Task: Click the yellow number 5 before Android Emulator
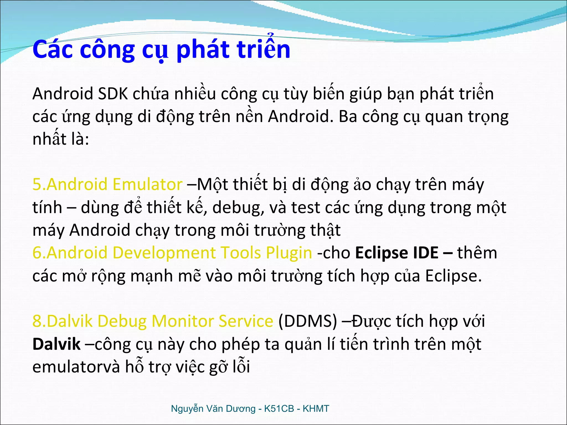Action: click(37, 184)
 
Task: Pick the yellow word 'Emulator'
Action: click(147, 184)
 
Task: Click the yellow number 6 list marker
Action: click(37, 253)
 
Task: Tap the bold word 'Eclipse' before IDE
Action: click(379, 253)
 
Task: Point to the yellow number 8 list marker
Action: click(37, 321)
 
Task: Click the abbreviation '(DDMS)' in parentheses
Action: click(308, 321)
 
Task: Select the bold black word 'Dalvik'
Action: click(56, 344)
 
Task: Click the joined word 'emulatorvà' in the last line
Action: click(76, 367)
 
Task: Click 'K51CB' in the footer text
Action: click(279, 409)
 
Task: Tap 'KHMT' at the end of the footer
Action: click(316, 409)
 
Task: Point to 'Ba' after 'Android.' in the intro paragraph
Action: click(348, 116)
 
